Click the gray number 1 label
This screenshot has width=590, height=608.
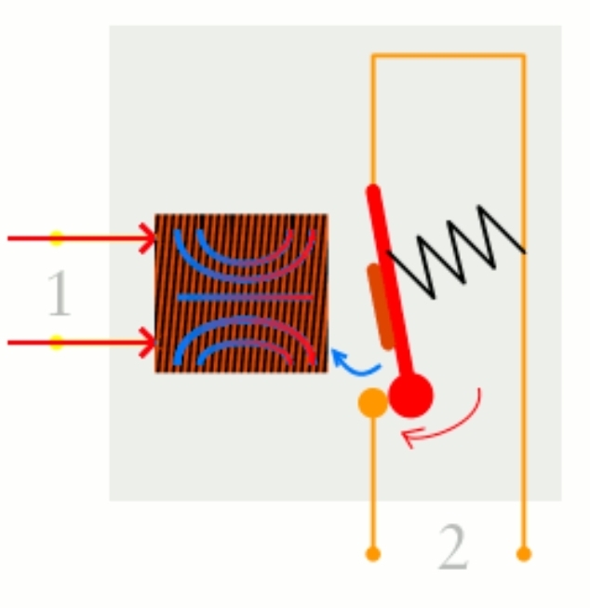(58, 293)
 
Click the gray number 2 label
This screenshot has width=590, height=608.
(453, 550)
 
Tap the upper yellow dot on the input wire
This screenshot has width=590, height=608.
(57, 238)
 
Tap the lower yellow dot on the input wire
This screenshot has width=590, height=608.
(57, 343)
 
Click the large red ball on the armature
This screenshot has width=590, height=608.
(410, 396)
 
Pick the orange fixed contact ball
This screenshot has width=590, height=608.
(372, 403)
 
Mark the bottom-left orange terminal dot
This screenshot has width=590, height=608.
(372, 555)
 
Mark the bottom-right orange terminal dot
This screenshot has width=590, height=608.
(524, 554)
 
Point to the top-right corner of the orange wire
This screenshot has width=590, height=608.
(524, 56)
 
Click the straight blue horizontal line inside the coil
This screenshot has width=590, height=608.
(242, 297)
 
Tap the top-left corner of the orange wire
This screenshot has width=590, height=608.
(373, 56)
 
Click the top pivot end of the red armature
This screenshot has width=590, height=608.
(372, 191)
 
